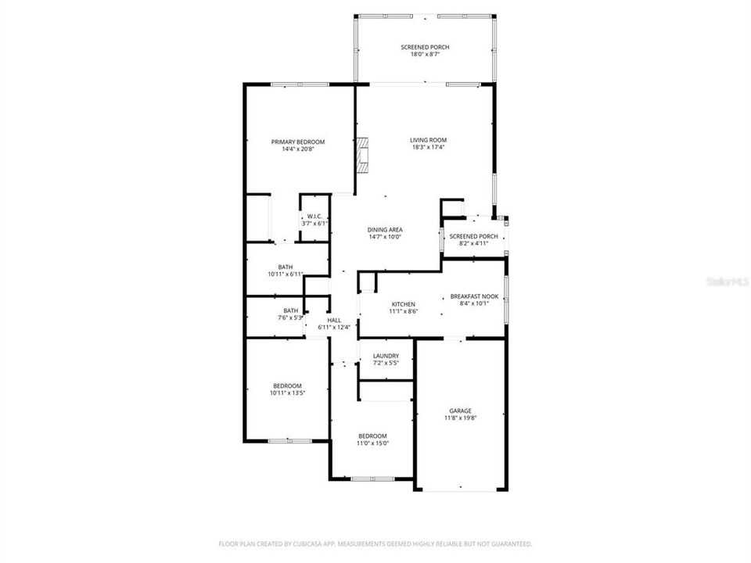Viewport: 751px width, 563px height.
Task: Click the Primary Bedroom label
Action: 298,142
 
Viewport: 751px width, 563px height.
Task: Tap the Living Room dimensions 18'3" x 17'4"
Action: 428,148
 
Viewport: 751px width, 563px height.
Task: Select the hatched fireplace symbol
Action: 362,155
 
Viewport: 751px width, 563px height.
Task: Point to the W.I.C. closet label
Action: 314,217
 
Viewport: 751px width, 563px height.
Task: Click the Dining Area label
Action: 385,230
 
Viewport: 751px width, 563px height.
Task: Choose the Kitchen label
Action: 404,304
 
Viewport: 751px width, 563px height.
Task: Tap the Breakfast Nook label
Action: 474,296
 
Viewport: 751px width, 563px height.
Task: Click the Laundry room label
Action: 386,357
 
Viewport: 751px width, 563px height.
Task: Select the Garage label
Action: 460,411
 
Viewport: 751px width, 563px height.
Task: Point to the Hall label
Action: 334,321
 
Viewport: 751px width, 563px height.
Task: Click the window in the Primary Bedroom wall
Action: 300,84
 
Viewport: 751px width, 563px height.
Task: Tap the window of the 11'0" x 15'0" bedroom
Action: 372,479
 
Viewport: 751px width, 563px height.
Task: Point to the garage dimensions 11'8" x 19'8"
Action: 460,418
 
